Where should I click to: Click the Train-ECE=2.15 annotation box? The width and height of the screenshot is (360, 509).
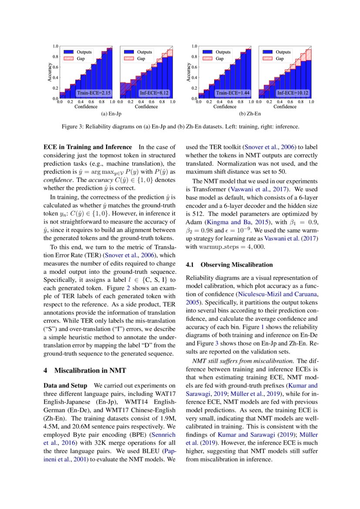point(94,93)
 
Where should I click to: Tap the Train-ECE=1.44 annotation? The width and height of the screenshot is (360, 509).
point(232,93)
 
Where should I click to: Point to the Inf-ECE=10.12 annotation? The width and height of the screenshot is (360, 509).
point(293,93)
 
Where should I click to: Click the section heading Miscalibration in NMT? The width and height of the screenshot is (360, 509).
point(85,371)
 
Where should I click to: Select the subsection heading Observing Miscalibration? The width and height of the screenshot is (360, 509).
point(229,265)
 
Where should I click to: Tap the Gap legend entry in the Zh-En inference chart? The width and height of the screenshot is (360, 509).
point(280,58)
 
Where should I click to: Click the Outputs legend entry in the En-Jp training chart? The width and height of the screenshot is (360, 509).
point(84,52)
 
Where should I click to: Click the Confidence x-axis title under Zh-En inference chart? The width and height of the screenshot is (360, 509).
point(285,106)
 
